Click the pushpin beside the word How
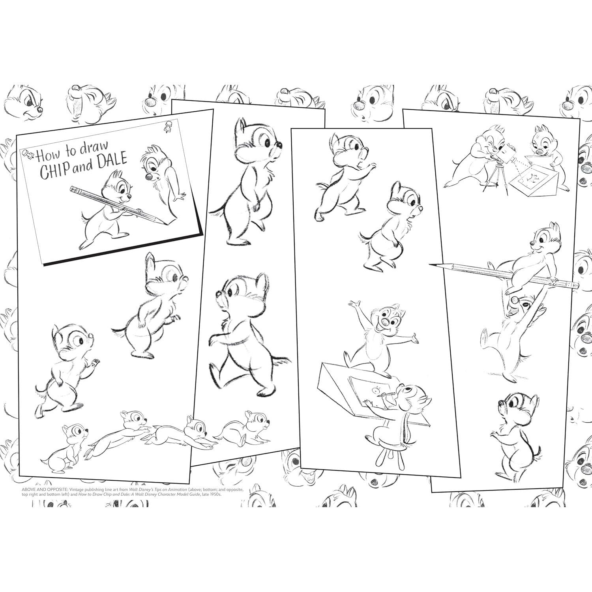pos(28,153)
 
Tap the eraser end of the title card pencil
pos(73,190)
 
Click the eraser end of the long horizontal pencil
pos(575,285)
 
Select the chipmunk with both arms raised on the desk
pos(379,332)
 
